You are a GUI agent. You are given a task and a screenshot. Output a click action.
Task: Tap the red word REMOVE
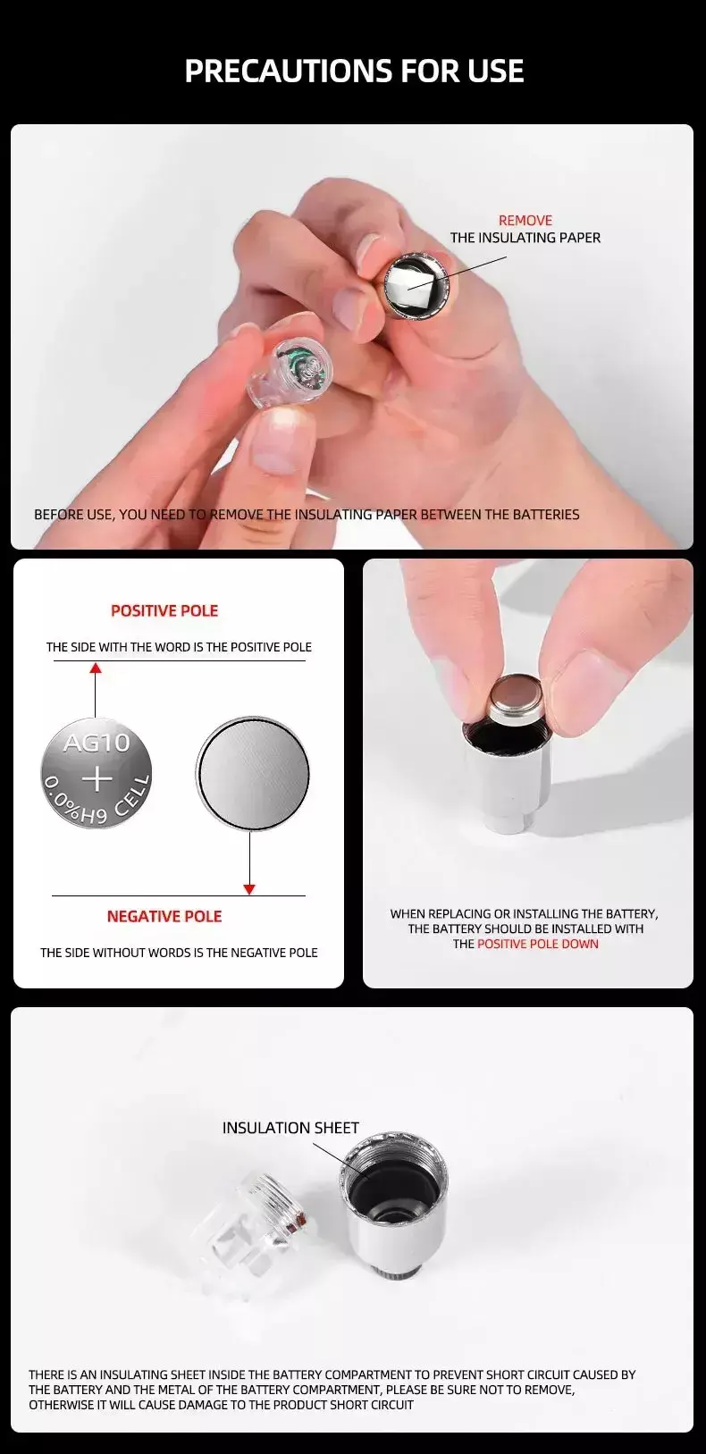(x=525, y=221)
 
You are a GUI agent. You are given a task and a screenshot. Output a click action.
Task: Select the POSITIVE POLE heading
(x=164, y=610)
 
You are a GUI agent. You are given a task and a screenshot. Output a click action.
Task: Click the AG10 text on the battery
(x=97, y=742)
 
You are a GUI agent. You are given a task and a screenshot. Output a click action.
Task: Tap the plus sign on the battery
(x=97, y=777)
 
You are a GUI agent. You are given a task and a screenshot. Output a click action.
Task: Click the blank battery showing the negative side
(x=252, y=773)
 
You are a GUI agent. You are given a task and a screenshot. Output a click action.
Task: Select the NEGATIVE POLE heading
(x=164, y=917)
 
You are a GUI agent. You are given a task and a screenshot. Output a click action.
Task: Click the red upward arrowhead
(x=96, y=668)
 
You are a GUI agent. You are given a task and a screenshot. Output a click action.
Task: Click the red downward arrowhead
(x=249, y=889)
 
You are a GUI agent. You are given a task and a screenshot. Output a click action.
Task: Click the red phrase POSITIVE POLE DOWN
(x=538, y=944)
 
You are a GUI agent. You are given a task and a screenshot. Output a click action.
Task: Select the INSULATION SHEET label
(x=290, y=1128)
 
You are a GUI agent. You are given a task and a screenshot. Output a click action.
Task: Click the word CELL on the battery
(x=133, y=795)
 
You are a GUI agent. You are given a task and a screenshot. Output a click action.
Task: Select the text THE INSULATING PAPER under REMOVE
(x=525, y=239)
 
